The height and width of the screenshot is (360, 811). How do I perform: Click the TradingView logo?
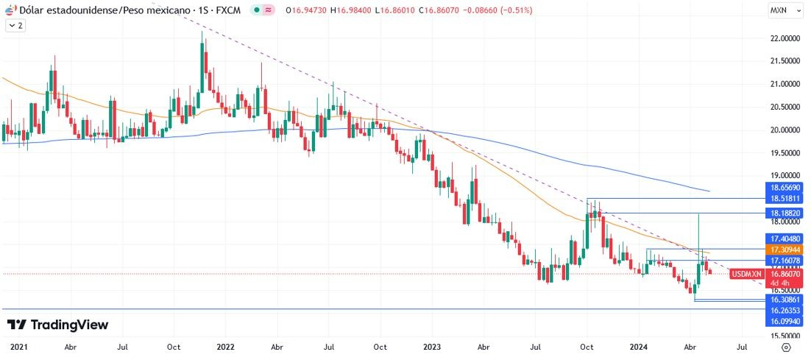point(57,325)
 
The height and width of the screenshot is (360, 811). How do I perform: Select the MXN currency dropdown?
point(782,10)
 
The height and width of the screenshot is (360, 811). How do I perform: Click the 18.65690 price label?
point(785,188)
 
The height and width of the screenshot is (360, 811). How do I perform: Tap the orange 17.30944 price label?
point(785,250)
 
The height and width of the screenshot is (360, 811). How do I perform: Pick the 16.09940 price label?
point(785,322)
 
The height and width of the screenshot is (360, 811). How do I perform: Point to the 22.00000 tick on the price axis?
point(785,38)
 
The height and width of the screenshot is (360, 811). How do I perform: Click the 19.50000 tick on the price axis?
point(785,153)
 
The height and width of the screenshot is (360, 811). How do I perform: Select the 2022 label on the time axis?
point(226,346)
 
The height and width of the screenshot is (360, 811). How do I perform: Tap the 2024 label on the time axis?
point(640,346)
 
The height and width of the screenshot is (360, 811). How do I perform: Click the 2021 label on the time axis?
point(18,346)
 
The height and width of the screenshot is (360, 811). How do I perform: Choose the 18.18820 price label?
point(785,212)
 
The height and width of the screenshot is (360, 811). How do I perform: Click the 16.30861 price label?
point(785,300)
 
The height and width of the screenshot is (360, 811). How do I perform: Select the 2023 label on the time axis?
point(433,346)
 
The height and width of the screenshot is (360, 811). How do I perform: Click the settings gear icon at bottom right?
point(786,347)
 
